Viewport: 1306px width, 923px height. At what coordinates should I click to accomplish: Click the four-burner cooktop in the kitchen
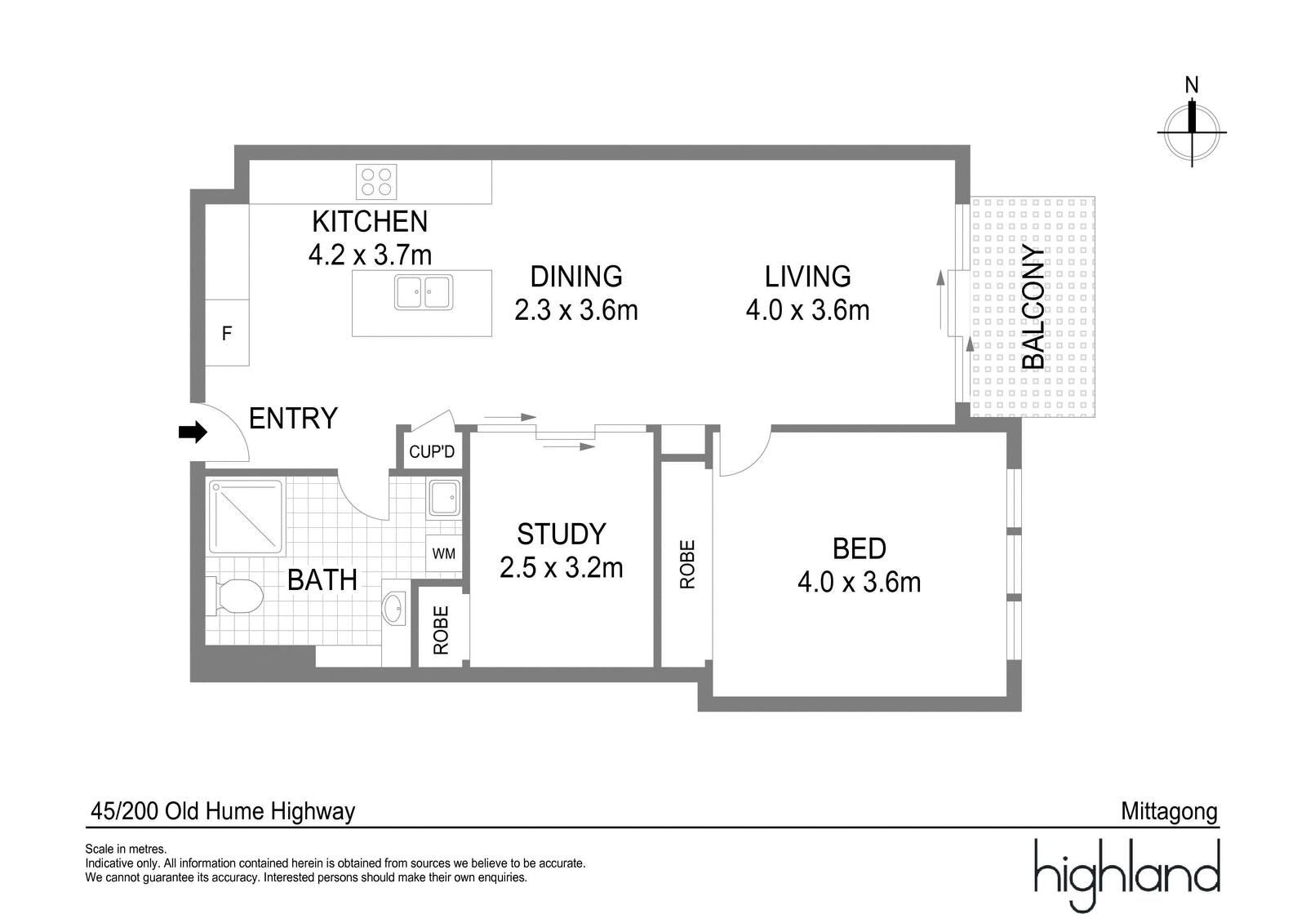[376, 181]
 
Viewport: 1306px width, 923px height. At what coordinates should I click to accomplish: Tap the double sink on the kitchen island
[423, 292]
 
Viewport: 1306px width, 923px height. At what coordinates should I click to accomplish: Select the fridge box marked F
[227, 333]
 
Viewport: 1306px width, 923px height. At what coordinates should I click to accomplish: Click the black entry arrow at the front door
[193, 433]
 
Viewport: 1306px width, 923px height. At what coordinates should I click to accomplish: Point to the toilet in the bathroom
[237, 595]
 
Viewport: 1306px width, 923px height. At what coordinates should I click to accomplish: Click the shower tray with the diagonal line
[247, 517]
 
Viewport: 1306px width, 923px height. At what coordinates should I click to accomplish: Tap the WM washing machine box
[443, 554]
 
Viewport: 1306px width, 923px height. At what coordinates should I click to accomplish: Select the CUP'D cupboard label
[432, 451]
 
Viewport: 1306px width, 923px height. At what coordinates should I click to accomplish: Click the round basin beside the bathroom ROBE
[393, 608]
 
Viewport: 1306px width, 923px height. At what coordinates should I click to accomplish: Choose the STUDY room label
[562, 535]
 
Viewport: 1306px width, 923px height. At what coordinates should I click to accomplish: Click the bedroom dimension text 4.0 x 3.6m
[859, 582]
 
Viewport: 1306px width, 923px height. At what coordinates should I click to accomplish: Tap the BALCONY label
[1033, 307]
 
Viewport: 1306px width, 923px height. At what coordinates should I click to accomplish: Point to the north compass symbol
[1192, 131]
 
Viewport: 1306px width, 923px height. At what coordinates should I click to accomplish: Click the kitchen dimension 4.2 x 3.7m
[370, 255]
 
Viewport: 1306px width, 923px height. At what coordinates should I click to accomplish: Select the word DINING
[576, 277]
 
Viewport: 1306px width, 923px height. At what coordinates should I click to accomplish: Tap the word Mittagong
[1169, 811]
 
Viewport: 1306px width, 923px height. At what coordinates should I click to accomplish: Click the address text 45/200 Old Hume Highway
[223, 811]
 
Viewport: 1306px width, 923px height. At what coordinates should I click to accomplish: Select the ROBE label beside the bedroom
[687, 564]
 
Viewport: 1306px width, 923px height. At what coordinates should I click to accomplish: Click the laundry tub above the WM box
[444, 498]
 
